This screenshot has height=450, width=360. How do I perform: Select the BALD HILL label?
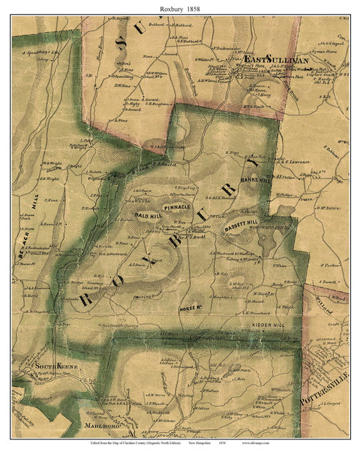(x=148, y=215)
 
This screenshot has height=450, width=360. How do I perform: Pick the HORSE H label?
(x=190, y=308)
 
